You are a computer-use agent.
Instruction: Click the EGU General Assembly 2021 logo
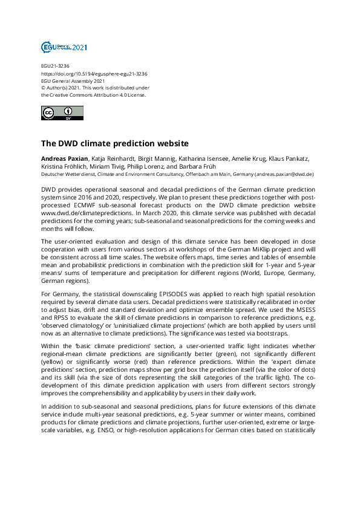[64, 47]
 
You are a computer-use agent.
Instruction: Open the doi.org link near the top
[94, 73]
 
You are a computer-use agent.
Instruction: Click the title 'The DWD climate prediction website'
[115, 144]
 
